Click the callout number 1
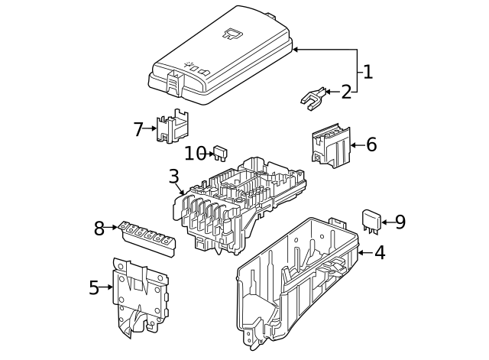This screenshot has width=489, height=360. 368,73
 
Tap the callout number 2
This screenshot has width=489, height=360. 346,92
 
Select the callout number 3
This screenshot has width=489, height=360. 174,177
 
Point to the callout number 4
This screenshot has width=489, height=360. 380,252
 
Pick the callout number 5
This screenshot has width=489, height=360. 94,288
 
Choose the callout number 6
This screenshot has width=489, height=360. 371,144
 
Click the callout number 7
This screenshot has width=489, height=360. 138,129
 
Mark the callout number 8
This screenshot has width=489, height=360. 99,228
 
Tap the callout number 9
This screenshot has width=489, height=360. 400,222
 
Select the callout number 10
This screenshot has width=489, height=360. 195,154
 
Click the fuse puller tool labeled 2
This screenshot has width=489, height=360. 313,97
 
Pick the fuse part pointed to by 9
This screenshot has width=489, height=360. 371,220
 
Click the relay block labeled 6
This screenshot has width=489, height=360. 330,145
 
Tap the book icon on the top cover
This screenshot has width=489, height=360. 232,33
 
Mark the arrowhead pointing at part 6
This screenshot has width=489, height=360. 354,144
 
